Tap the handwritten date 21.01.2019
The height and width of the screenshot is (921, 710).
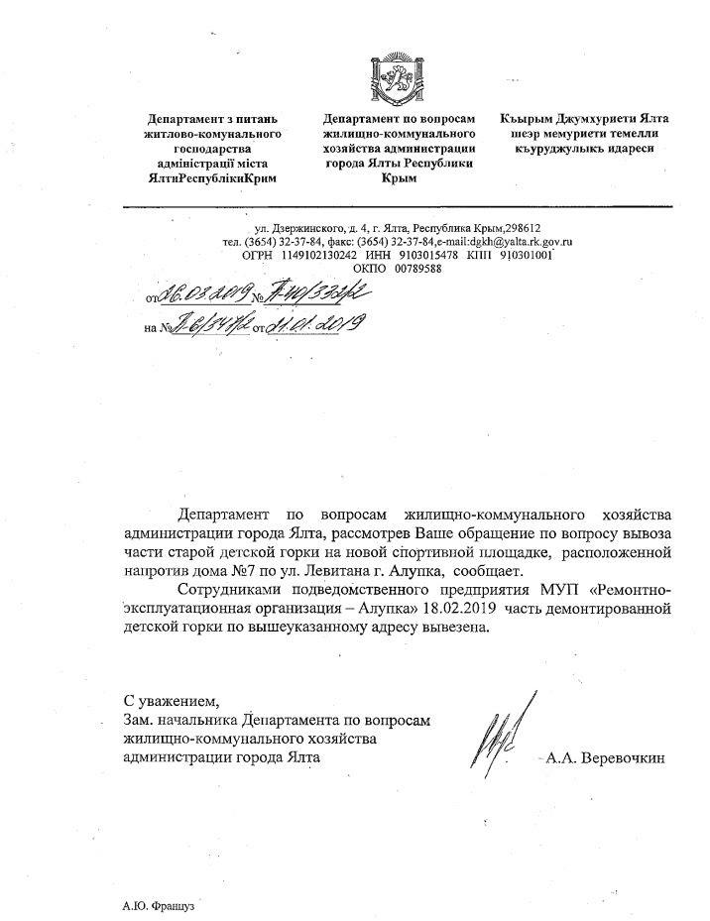[x=316, y=323]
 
